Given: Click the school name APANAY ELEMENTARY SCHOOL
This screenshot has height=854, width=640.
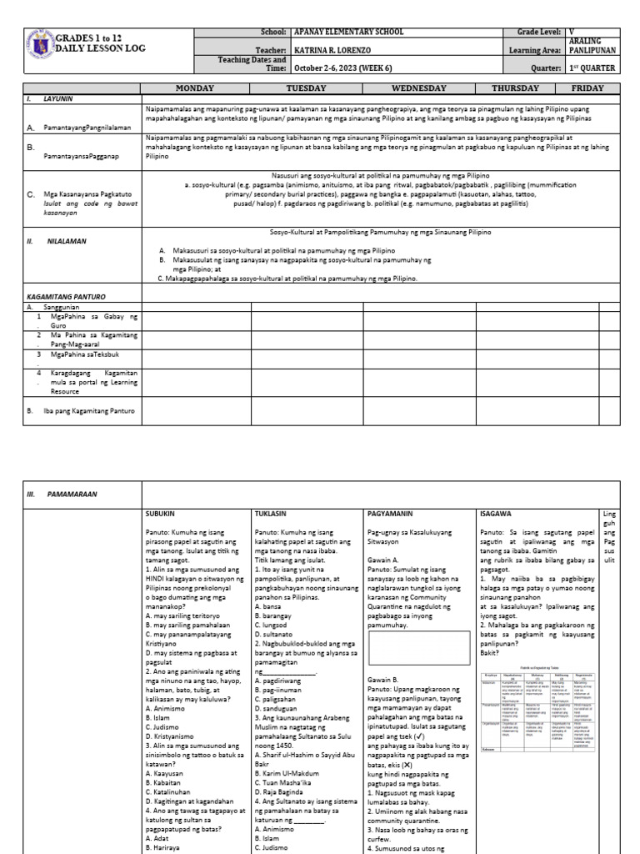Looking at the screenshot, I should [350, 32].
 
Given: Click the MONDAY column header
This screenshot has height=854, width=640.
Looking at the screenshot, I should [195, 88].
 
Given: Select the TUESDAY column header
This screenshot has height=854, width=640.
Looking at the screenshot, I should [307, 88].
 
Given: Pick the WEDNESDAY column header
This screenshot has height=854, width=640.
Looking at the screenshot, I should [419, 88].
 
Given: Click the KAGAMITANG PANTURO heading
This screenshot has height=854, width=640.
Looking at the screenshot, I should [67, 296].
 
